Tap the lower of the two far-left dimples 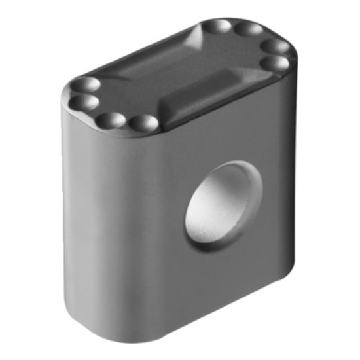83,101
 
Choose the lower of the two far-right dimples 277,63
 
